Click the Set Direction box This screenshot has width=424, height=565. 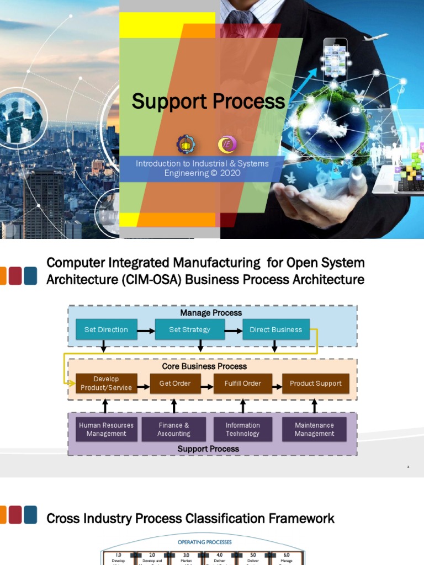click(106, 329)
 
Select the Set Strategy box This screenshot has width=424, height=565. click(189, 329)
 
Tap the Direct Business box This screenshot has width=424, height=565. click(275, 329)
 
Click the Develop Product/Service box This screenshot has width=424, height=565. click(106, 383)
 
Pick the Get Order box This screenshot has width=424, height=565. click(175, 383)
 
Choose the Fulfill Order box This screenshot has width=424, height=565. click(242, 383)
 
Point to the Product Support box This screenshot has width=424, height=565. click(315, 383)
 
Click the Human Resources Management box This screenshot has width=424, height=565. click(106, 429)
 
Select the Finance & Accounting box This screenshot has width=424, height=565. click(174, 429)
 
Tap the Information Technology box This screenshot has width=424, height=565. click(242, 429)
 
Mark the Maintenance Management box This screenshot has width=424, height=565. click(314, 429)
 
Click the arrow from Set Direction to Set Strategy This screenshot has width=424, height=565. click(146, 331)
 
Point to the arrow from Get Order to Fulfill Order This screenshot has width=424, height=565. click(207, 387)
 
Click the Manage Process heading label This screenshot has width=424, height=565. click(211, 313)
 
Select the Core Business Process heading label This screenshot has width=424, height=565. click(204, 366)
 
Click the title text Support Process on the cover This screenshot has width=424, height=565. click(208, 102)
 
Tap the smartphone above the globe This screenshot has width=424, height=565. click(335, 58)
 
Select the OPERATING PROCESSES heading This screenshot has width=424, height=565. click(204, 542)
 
